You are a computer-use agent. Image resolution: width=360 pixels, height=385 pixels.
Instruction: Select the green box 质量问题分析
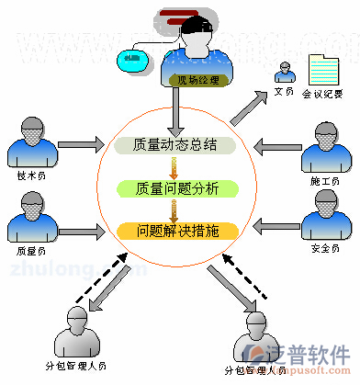pos(177,188)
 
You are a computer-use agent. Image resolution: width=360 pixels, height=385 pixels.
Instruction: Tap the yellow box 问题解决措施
pos(177,231)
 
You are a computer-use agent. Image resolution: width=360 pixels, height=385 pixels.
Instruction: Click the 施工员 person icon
pos(327,147)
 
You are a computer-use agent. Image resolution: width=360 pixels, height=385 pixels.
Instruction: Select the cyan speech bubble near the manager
pos(134,61)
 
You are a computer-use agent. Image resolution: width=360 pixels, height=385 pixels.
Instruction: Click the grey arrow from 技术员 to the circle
pos(81,143)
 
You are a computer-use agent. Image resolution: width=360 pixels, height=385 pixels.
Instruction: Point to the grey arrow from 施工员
pos(276,144)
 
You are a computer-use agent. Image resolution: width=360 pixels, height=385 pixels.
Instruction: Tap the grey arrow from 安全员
pos(276,222)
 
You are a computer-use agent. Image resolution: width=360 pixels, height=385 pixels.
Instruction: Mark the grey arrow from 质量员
pos(81,222)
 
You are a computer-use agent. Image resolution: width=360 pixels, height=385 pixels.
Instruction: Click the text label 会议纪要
pos(325,94)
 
